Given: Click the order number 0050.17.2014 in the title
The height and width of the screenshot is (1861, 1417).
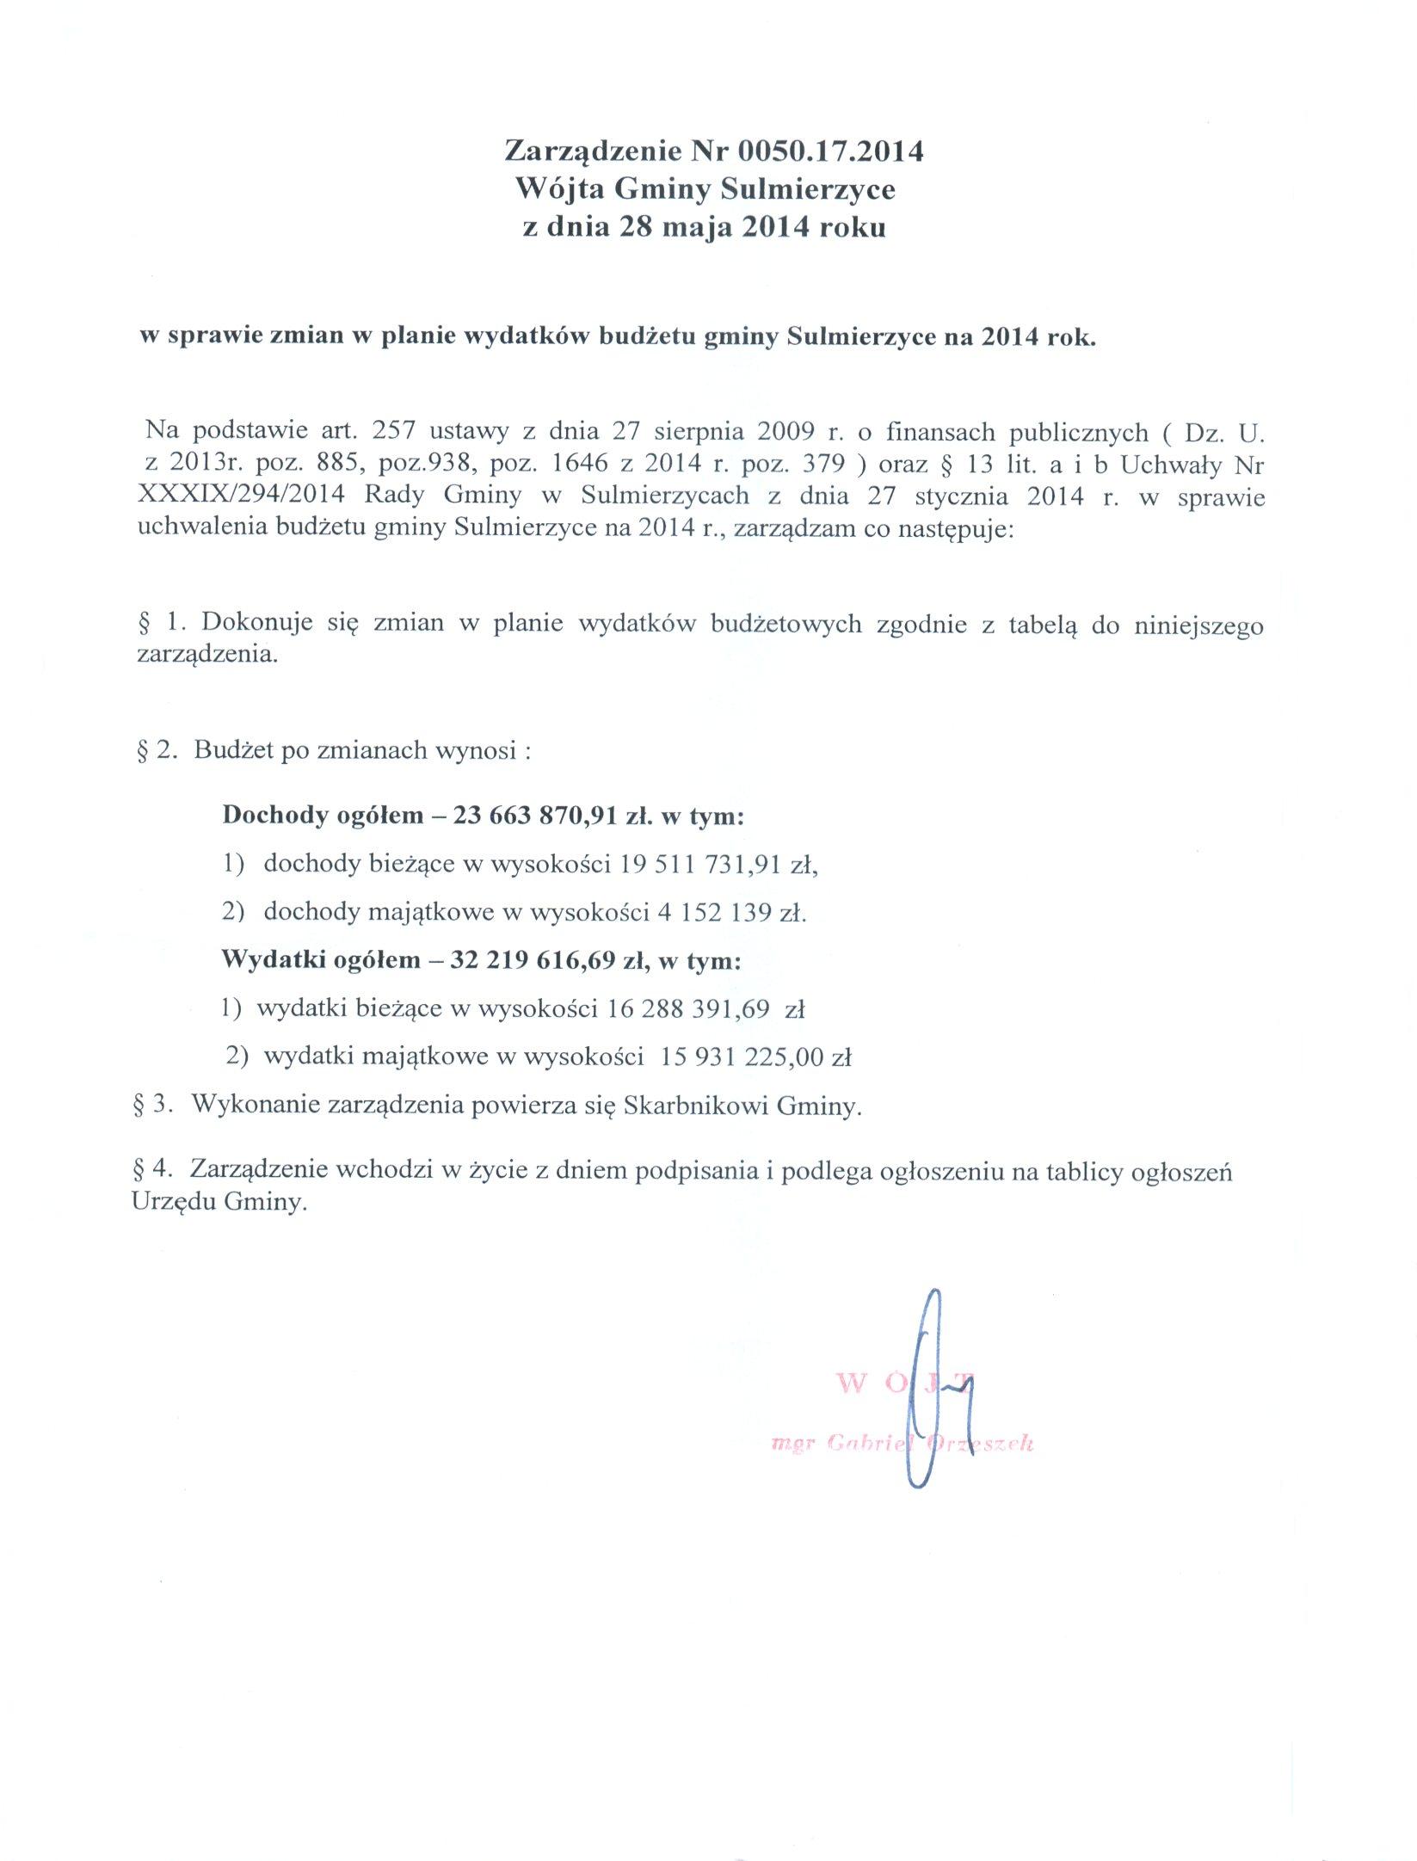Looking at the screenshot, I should coord(831,151).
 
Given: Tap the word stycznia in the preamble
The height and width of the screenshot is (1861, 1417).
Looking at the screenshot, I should coord(948,496).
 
